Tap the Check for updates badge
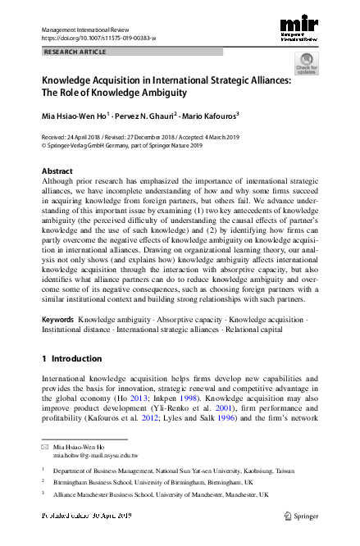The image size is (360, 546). click(x=307, y=64)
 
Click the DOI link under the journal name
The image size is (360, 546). click(x=98, y=38)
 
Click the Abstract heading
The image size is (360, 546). click(x=57, y=171)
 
